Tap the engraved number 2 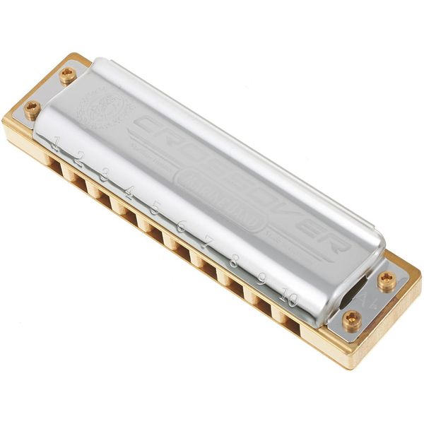point(80,158)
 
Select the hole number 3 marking point(104,174)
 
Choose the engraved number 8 point(233,260)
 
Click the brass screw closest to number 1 point(33,108)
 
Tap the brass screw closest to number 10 point(351,319)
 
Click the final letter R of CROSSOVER point(336,242)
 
